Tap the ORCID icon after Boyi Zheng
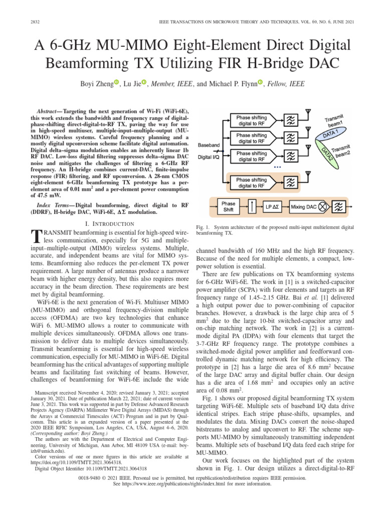click(116, 82)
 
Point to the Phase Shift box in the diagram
click(228, 206)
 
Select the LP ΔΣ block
click(274, 206)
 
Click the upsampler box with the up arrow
click(253, 206)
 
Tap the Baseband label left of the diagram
click(210, 145)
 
